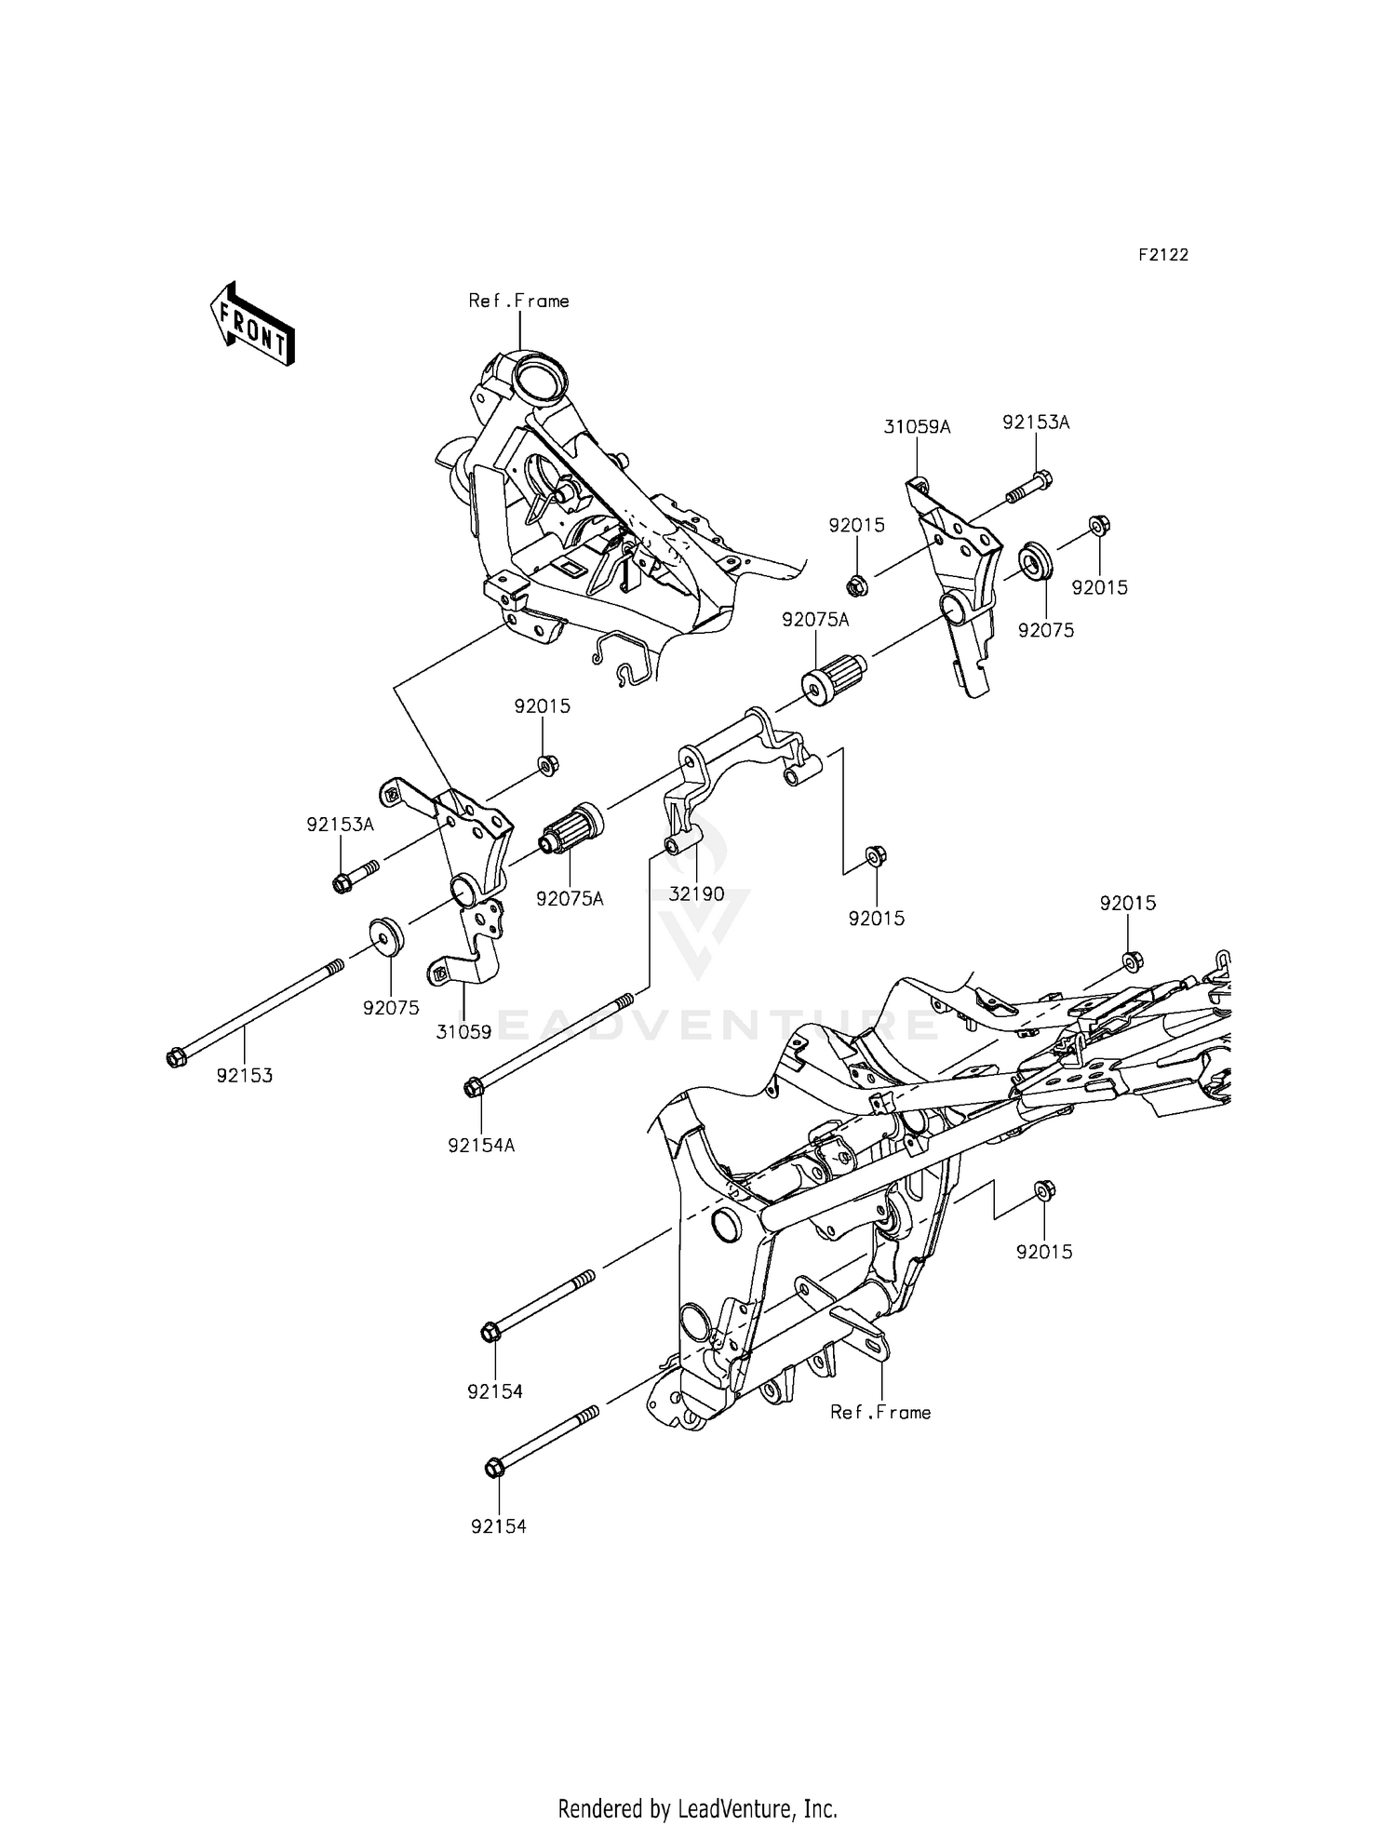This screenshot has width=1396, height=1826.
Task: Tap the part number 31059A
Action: [917, 427]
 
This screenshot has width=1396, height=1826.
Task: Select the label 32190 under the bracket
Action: [697, 894]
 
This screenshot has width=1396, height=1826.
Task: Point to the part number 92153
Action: [245, 1076]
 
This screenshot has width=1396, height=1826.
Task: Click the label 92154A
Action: [481, 1146]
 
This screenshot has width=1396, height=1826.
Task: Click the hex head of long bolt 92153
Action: [175, 1057]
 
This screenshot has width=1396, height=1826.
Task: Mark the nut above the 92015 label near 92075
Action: [1098, 526]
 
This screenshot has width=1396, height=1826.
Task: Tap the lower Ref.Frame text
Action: [880, 1413]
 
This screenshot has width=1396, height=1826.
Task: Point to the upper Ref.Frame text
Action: [519, 301]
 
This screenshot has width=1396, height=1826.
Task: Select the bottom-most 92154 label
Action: [498, 1527]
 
